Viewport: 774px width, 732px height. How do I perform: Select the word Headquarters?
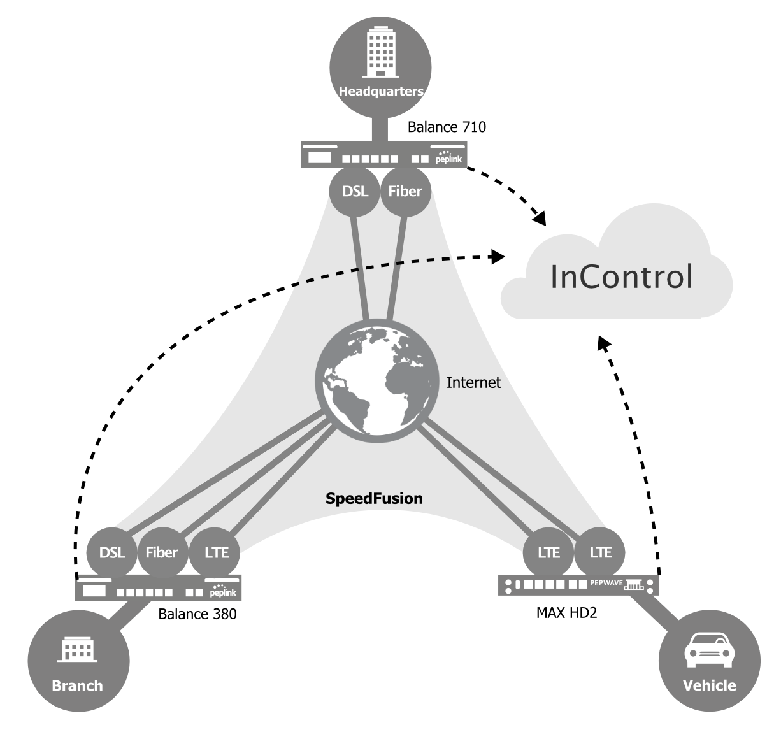coord(380,91)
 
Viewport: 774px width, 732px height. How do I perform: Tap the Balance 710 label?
coord(447,127)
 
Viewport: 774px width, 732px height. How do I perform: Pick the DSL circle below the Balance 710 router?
coord(355,191)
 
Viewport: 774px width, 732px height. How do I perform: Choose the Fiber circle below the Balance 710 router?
coord(405,191)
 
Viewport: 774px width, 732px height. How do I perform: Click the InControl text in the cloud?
coord(621,276)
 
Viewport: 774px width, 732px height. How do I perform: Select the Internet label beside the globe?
coord(473,382)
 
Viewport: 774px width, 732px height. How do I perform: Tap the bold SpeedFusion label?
coord(374,498)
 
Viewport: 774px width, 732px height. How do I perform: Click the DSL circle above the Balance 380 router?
coord(112,552)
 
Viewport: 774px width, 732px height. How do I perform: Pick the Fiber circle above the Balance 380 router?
coord(162,552)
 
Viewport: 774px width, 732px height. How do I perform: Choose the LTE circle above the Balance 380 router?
coord(216,552)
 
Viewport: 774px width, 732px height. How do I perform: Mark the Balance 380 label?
coord(197,614)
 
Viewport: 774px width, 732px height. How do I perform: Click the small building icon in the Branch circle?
coord(78,650)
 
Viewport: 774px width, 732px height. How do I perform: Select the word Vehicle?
coord(709,685)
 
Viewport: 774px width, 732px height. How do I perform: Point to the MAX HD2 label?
coord(566,614)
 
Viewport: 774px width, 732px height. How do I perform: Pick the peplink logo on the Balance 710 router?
coord(448,157)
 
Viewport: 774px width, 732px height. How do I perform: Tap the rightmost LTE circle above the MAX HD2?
coord(600,552)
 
